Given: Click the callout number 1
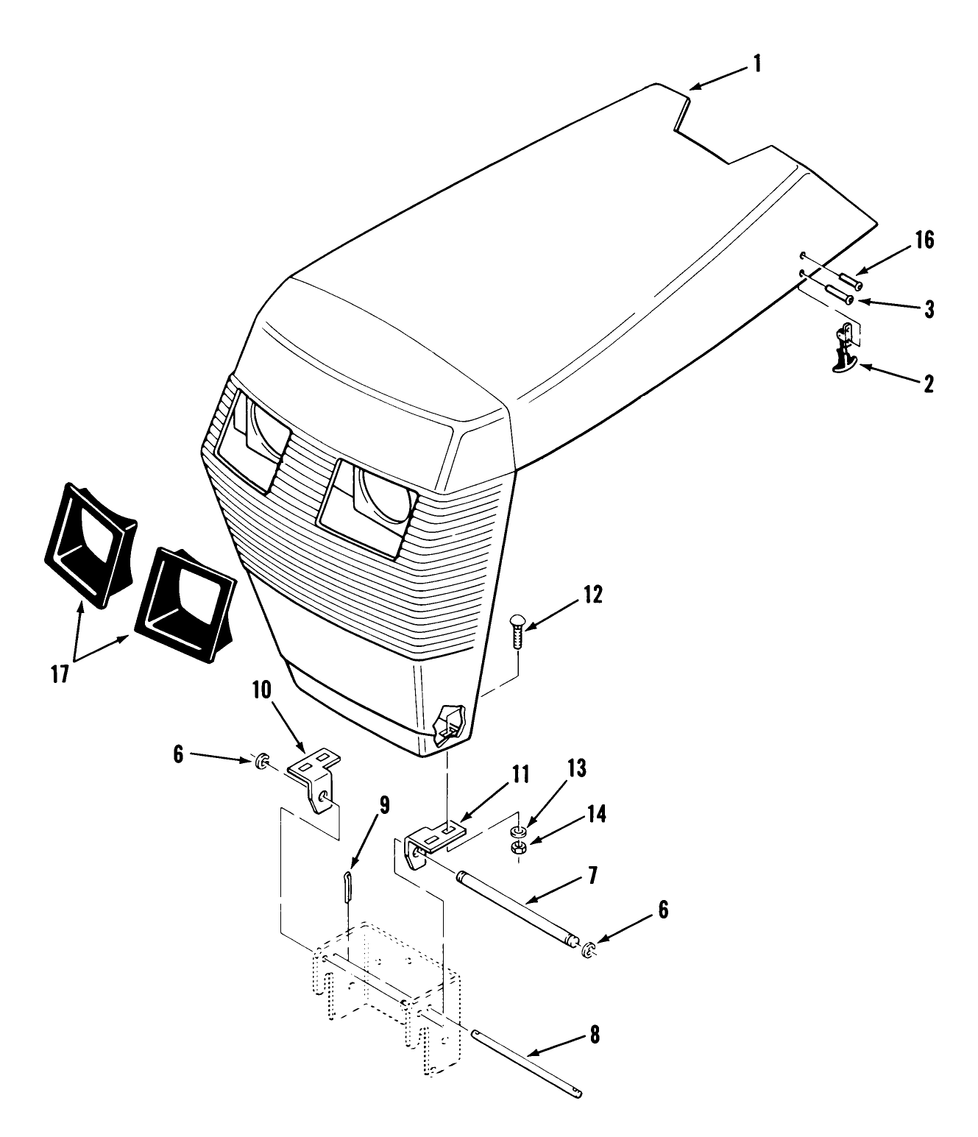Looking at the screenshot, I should (756, 65).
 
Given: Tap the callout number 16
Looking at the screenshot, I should (925, 240).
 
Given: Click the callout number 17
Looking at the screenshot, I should (60, 674).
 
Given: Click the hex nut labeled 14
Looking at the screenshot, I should (518, 849).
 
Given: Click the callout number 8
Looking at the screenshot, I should (595, 1036).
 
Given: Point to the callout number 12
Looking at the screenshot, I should (592, 595).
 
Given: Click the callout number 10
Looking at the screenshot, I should (262, 690).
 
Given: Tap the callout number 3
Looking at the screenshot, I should (929, 309).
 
